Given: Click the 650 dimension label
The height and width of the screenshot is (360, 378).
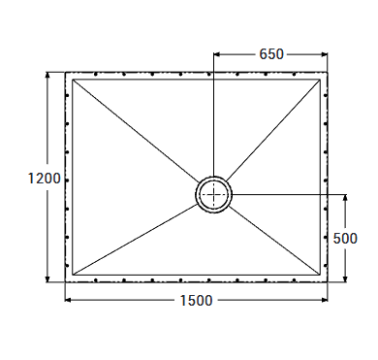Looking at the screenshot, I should [x=271, y=54].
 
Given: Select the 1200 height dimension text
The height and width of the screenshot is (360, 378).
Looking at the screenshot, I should [x=45, y=179].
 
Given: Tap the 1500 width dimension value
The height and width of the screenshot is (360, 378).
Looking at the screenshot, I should [x=196, y=301].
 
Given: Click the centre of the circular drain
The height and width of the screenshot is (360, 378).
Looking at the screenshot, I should [x=214, y=194].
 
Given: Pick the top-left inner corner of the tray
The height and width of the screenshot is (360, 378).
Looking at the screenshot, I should [x=73, y=79].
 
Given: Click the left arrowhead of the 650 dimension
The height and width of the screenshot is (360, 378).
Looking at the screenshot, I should [x=217, y=54].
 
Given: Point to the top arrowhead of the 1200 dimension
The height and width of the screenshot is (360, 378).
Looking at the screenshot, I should [x=47, y=74].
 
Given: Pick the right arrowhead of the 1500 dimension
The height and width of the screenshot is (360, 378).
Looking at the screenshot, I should [x=326, y=300].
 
